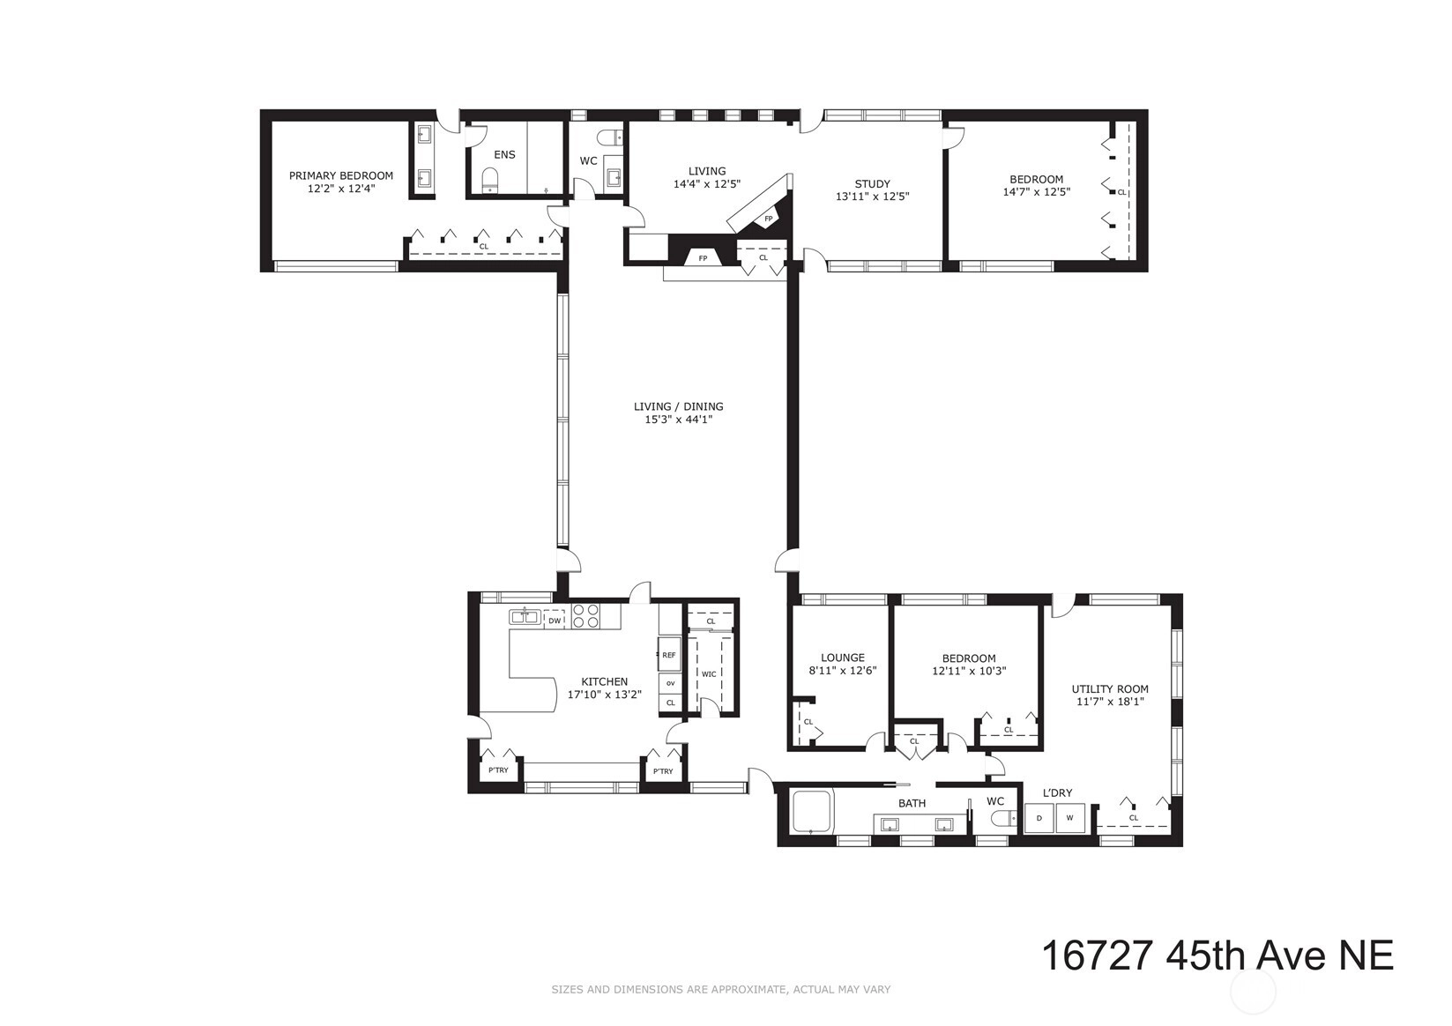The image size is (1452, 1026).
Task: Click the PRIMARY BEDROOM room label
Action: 341,175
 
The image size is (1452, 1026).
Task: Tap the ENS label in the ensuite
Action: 505,154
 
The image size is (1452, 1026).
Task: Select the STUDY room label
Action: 873,184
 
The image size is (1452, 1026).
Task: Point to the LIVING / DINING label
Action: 679,406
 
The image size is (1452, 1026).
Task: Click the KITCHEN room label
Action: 604,681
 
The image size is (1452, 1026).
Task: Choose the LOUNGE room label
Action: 843,658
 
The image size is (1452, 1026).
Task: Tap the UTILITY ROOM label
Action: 1110,689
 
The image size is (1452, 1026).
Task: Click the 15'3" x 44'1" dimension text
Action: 679,420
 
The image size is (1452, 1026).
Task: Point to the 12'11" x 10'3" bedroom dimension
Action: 969,672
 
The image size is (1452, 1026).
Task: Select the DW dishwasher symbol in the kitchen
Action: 555,620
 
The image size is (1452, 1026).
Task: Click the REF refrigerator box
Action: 669,655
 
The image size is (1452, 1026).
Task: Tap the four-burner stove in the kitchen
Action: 586,616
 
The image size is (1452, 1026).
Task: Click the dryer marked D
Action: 1039,818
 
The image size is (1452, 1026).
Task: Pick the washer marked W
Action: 1070,818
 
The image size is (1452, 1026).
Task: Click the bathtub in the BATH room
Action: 811,812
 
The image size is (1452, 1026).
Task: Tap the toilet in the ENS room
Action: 490,181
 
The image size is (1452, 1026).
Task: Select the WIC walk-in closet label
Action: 709,674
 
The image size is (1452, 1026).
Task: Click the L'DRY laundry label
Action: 1057,792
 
